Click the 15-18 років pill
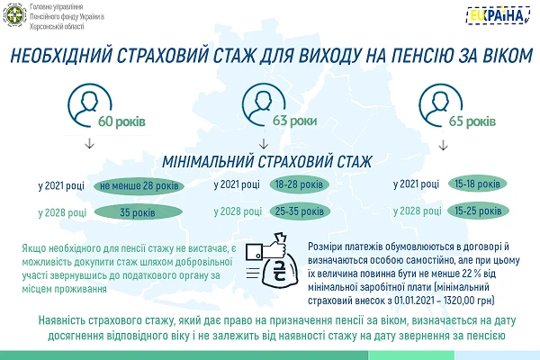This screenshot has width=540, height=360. [478, 184]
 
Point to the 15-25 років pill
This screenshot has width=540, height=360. [478, 211]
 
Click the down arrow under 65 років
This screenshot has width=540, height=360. [440, 143]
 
